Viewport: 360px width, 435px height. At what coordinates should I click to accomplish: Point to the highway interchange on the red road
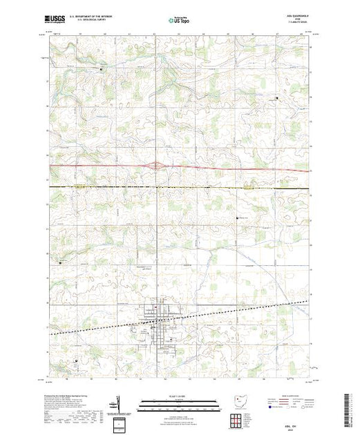158,165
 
